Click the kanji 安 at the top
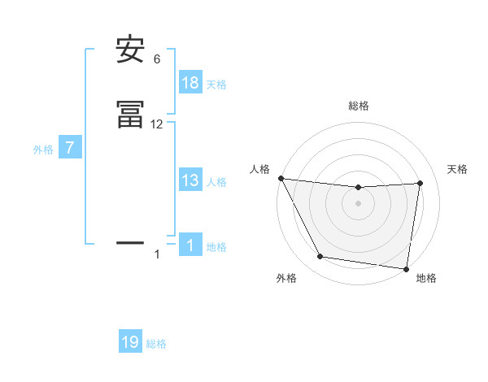point(130,50)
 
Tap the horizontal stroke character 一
point(130,241)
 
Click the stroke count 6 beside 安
point(157,59)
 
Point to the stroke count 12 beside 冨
point(157,124)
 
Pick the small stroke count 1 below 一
point(157,254)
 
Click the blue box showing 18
point(190,83)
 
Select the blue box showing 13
point(190,180)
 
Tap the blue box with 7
point(70,149)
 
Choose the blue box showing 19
point(130,342)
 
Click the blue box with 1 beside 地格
point(190,245)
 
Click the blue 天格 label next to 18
point(216,85)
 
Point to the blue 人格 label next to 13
point(216,182)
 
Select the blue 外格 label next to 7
point(43,150)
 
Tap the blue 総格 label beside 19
point(156,344)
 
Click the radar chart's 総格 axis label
point(359,106)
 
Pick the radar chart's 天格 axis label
point(457,169)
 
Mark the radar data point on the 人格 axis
point(281,178)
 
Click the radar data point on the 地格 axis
point(407,268)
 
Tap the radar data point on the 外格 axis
point(320,257)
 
